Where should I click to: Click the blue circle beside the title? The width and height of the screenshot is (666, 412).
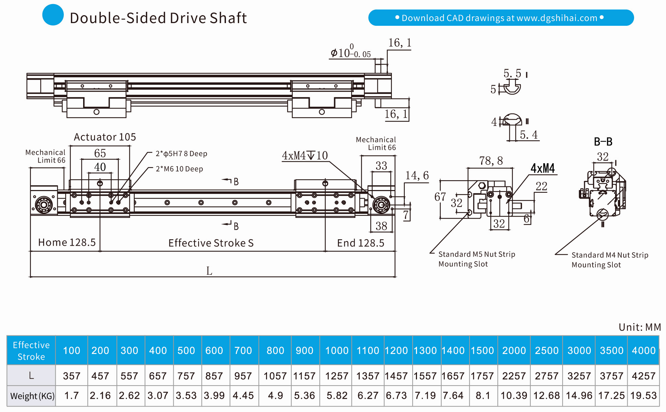coord(53,15)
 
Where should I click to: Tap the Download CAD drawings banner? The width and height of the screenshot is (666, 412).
coord(501,18)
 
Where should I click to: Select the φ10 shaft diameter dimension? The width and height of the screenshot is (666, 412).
coord(350,53)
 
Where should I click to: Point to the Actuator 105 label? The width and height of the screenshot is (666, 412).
coord(105,137)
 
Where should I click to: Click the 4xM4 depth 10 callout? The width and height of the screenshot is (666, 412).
coord(305,156)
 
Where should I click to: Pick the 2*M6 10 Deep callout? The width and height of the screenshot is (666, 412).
coord(179,169)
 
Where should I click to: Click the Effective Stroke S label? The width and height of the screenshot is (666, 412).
coord(211,243)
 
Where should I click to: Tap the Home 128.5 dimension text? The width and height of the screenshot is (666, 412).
coord(67,242)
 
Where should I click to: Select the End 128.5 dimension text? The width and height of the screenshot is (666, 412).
coord(360,243)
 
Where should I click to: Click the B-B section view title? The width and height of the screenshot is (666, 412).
coord(603,142)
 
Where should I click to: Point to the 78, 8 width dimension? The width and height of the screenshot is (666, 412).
coord(491,161)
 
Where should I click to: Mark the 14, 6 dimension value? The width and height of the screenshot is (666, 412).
coord(417,175)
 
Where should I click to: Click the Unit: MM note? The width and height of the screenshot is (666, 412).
coord(640,327)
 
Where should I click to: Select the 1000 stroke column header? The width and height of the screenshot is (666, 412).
coord(337,351)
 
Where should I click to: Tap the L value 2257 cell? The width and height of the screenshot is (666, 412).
coord(514,376)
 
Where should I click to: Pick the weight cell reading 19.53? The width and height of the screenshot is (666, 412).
coord(643,396)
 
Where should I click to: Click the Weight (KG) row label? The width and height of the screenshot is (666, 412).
coord(32,396)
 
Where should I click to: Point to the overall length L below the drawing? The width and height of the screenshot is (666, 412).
coord(209,271)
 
